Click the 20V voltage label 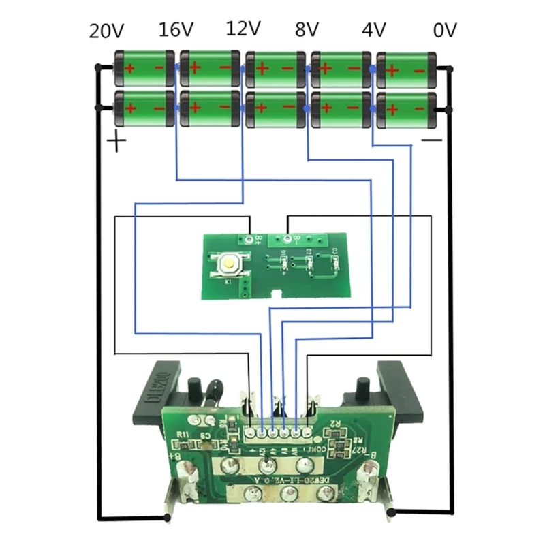coord(108,31)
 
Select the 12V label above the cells coord(243,29)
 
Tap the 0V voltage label coord(445,31)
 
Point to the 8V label coord(307,31)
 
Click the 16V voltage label coord(176,31)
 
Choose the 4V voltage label coord(374,31)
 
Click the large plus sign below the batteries coord(118,142)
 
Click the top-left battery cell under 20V coord(142,68)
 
